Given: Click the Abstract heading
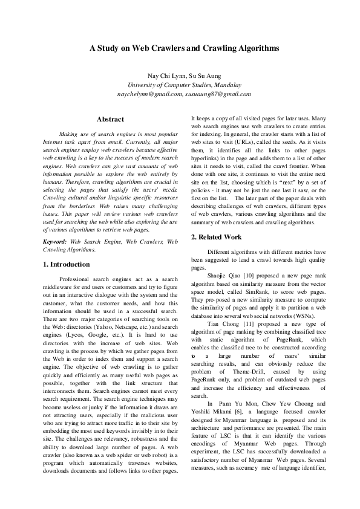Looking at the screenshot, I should (x=110, y=120).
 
